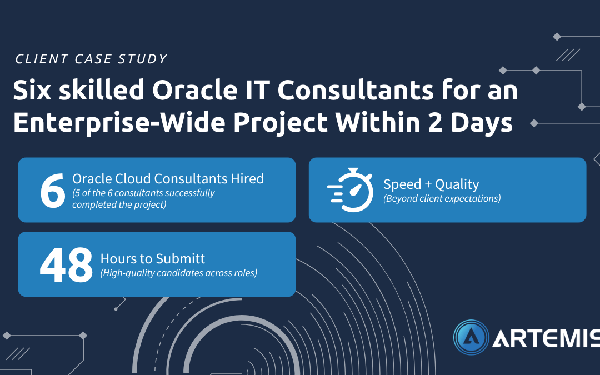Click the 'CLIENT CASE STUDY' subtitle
(x=91, y=59)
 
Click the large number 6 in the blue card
(x=52, y=190)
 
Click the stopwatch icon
(x=350, y=190)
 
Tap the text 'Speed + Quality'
(x=431, y=184)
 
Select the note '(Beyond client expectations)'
(x=442, y=198)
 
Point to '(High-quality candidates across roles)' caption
(x=179, y=273)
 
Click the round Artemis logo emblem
(x=471, y=338)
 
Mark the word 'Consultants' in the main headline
(x=356, y=91)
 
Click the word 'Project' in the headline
(x=281, y=123)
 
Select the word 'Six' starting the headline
(x=32, y=91)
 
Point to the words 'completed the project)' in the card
(x=119, y=204)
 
